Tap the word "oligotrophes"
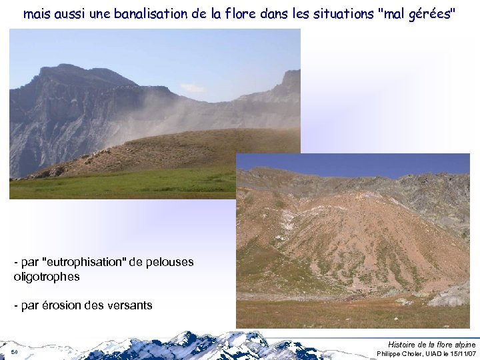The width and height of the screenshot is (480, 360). (x=47, y=276)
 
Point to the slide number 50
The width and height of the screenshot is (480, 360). (x=14, y=351)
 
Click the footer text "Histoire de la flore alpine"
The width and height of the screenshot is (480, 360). (x=431, y=344)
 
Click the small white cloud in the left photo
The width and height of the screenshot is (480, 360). (x=193, y=88)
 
